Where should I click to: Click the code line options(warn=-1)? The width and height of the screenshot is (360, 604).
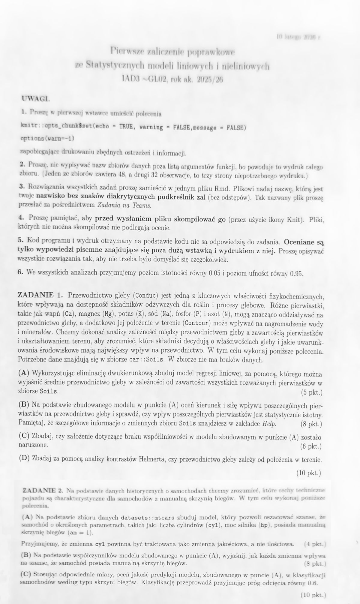click(47, 139)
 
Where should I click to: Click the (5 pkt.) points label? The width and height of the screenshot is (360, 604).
click(311, 392)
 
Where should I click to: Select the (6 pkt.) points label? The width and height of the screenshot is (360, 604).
click(311, 446)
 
